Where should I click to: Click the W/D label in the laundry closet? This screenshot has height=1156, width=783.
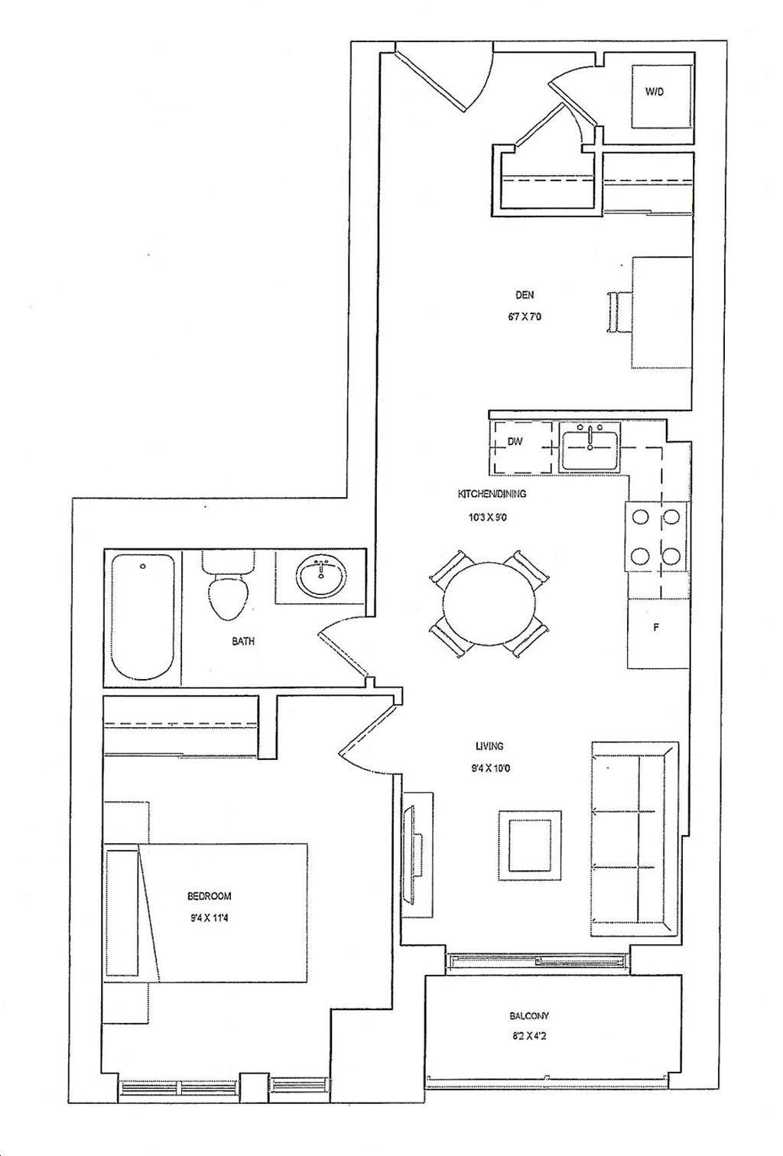pos(654,92)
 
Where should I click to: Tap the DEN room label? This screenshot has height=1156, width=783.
pos(525,295)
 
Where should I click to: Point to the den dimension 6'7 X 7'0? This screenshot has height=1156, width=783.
pos(524,317)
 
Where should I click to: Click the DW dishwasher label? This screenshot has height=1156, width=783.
pos(514,442)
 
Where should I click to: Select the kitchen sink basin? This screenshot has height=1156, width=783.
pos(590,451)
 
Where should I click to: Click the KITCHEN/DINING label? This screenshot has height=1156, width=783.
pos(492,494)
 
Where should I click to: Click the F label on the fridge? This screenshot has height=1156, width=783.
pos(656,628)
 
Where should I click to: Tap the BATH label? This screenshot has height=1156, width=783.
pos(243,641)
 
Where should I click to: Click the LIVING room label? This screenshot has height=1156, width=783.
pos(489,745)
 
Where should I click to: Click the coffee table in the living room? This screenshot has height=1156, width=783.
pos(530,846)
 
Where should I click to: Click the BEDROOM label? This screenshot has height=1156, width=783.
pos(209,896)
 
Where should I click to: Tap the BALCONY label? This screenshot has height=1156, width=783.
pos(529,1015)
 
